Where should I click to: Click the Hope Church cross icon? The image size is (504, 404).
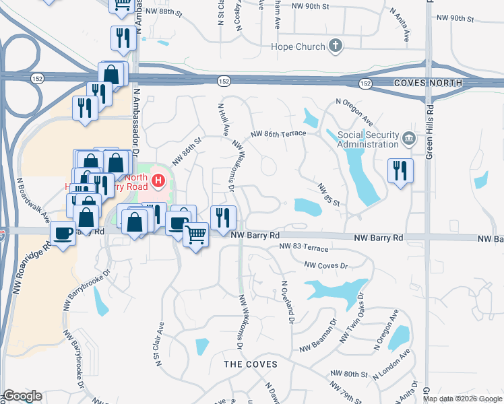coord(336,46)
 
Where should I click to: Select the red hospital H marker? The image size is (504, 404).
coord(158,180)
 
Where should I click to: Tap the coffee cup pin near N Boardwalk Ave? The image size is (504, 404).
coord(64,233)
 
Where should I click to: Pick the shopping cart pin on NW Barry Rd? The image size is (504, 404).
coord(195,235)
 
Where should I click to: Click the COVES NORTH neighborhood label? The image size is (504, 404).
coord(428,83)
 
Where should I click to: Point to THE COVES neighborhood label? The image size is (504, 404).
coord(250,364)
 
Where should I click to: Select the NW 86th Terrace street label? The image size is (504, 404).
coord(278,134)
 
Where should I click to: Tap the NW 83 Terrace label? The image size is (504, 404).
coord(304,248)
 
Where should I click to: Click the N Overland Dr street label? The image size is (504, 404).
coord(288,303)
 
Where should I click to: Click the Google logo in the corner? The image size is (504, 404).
coord(22,396)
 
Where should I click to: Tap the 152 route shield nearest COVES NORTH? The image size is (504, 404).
coord(365,83)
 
